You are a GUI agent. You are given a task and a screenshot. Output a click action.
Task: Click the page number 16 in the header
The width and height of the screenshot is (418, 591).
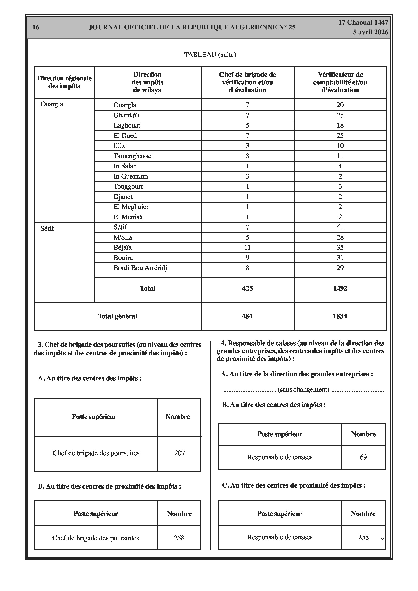click(x=36, y=27)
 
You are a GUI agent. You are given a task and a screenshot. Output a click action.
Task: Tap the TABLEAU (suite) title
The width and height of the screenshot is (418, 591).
click(x=210, y=55)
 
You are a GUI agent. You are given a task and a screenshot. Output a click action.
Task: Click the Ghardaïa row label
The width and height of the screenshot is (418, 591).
click(x=126, y=115)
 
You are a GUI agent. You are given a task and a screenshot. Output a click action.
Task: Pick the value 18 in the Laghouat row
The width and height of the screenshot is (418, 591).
click(x=340, y=125)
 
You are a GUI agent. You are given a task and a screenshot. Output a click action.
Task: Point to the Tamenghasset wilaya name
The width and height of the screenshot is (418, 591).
click(x=133, y=156)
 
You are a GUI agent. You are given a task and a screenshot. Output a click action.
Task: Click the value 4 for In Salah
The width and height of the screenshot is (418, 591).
click(x=340, y=166)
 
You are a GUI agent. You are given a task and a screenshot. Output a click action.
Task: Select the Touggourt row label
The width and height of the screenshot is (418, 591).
click(x=128, y=186)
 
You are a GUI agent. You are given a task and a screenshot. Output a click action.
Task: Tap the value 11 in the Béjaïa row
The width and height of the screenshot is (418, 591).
click(x=247, y=247)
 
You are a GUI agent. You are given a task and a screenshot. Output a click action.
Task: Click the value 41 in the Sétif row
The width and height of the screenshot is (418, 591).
click(x=340, y=227)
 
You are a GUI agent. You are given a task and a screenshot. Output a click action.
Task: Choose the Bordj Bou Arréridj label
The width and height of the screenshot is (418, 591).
click(x=140, y=268)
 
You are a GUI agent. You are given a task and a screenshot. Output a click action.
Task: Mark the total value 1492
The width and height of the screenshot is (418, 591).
click(x=340, y=288)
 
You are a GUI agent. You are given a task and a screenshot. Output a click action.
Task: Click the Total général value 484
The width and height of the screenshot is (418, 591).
click(x=247, y=316)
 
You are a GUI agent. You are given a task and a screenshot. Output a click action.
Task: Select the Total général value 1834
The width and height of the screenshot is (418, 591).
click(x=340, y=316)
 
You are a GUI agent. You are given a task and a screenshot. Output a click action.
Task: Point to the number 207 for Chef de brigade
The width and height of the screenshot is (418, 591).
click(x=179, y=453)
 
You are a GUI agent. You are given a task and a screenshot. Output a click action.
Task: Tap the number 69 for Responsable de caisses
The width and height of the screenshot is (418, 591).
click(x=363, y=457)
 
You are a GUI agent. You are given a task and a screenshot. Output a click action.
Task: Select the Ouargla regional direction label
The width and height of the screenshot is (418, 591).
click(x=52, y=104)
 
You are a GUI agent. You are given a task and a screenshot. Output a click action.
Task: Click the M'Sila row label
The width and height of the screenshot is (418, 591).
click(x=123, y=237)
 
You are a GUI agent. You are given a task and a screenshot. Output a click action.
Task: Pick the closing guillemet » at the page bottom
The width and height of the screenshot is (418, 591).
click(x=382, y=539)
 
